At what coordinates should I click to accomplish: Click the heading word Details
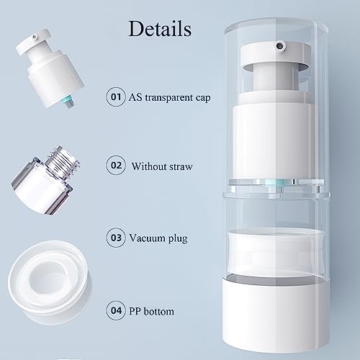160,30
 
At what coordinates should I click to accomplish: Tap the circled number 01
115,96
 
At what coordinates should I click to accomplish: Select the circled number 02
115,166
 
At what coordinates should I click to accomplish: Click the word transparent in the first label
166,96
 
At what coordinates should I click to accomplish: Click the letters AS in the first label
134,96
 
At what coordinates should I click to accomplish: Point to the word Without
148,166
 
